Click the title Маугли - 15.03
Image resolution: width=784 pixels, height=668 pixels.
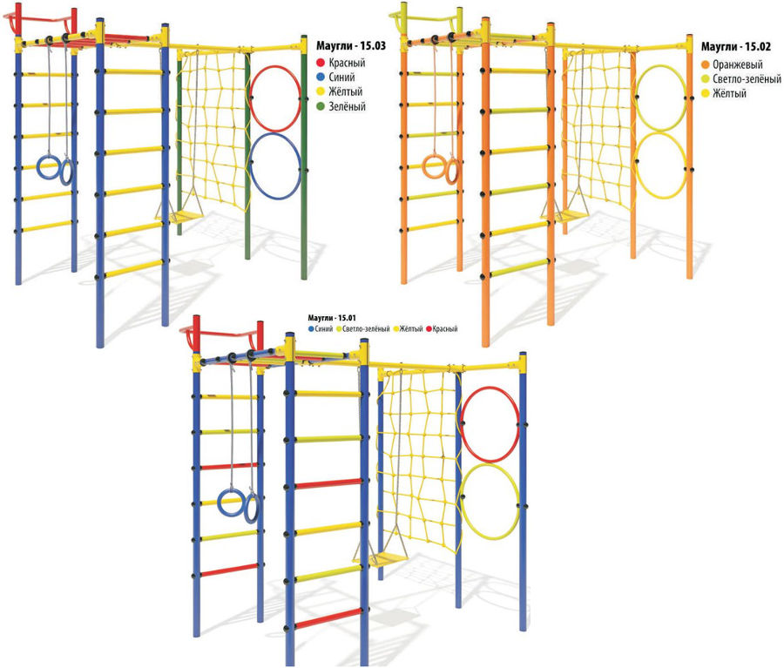(350, 46)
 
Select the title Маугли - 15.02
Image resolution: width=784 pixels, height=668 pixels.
(735, 47)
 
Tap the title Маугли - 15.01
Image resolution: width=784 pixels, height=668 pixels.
(332, 318)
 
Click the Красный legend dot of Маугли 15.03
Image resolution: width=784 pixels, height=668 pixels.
(321, 63)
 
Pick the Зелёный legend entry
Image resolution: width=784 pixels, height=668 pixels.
(341, 106)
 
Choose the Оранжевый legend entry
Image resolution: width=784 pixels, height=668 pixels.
(733, 64)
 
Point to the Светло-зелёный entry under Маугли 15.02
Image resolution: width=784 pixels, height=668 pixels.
(741, 79)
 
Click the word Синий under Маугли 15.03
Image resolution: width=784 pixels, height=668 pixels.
(342, 77)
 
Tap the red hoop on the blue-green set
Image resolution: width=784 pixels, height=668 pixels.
(274, 66)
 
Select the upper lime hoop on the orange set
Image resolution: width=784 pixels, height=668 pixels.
(660, 66)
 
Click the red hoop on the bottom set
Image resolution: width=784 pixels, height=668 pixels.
(490, 388)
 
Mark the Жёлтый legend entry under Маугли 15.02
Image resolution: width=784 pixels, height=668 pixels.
(724, 93)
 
